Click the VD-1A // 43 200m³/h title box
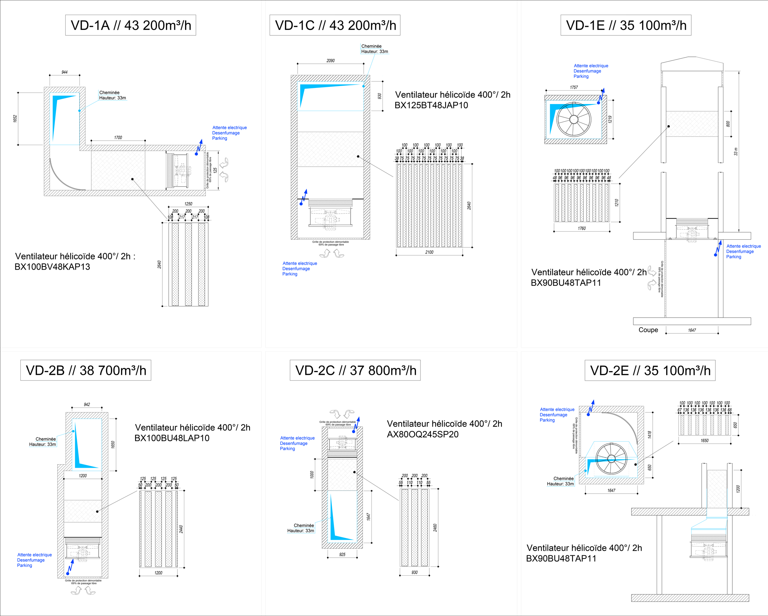coord(131,25)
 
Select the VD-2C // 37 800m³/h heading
coord(355,370)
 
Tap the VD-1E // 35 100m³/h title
coord(626,25)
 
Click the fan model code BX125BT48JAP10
coord(431,105)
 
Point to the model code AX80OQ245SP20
coord(422,434)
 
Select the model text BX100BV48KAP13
coord(52,267)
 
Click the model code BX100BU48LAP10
coord(172,438)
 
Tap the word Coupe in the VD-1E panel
coord(648,330)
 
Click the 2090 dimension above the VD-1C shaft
coord(331,61)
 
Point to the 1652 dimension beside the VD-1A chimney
coord(15,119)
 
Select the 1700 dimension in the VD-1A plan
coord(118,137)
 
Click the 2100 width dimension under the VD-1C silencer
coord(429,252)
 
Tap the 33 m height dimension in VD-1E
coord(736,152)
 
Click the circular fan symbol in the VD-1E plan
coord(574,119)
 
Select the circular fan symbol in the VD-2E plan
coord(611,459)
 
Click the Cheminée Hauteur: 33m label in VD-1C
coord(374,49)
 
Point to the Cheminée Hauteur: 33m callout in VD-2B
coord(43,442)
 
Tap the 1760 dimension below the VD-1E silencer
coord(582,229)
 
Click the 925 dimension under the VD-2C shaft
coord(342,555)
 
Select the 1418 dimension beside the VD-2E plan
coord(649,435)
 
